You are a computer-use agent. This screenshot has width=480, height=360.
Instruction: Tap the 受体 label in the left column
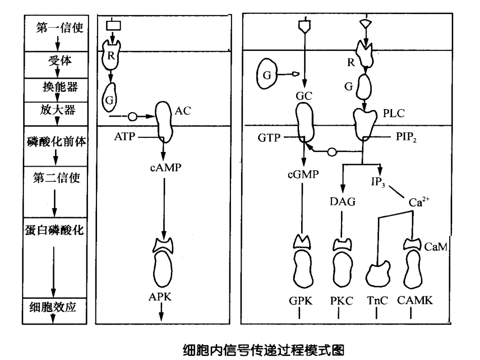58,62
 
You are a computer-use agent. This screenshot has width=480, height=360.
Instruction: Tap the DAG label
342,201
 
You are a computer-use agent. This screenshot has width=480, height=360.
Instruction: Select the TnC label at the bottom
376,299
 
